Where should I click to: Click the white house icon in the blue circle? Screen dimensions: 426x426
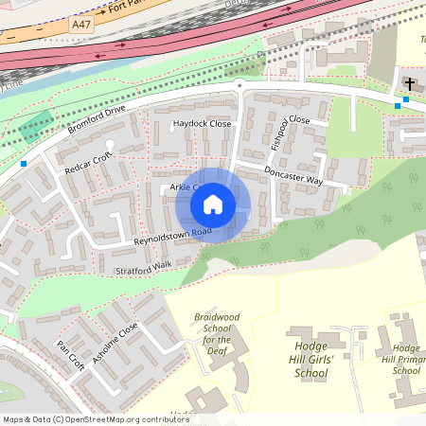[x=213, y=204]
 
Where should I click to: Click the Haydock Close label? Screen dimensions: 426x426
[x=201, y=124]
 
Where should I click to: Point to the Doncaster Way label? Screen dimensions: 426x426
[x=293, y=176]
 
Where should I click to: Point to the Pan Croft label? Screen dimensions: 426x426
[x=71, y=354]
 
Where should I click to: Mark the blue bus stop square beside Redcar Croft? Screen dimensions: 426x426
[x=23, y=164]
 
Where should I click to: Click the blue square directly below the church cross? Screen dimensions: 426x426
[x=406, y=99]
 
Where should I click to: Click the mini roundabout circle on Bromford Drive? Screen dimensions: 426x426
[x=240, y=85]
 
